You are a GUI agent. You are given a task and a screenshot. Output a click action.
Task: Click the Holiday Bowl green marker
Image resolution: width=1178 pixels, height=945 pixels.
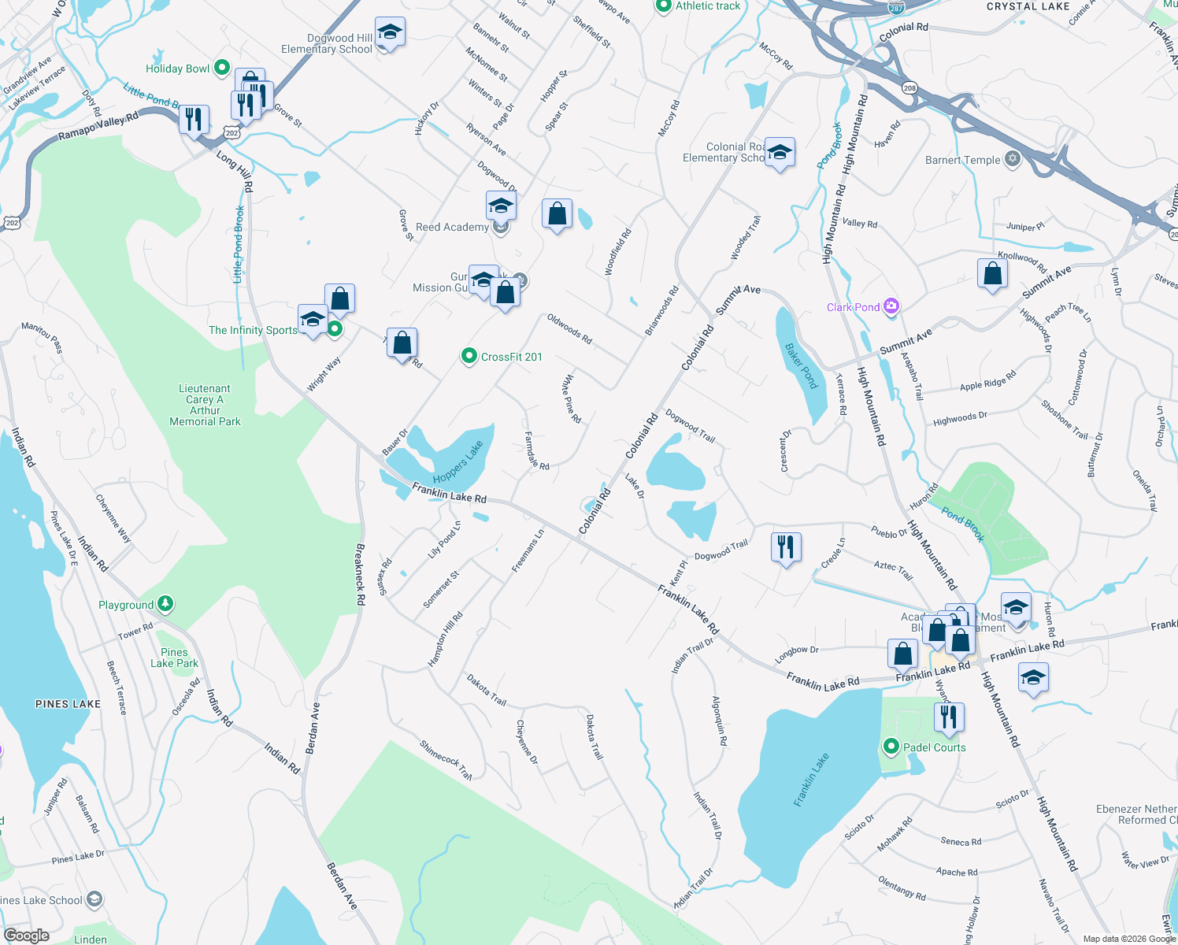221,69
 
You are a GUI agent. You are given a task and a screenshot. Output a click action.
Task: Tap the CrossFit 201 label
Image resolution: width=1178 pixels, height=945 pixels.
511,357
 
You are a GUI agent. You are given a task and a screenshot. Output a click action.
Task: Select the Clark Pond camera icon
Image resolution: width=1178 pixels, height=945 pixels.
891,306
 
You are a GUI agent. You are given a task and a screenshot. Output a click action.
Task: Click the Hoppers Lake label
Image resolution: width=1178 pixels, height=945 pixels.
457,462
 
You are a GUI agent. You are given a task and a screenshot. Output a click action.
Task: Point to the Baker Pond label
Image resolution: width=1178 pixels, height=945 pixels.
802,366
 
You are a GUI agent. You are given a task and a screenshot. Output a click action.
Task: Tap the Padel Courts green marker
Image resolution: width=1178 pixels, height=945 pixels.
891,747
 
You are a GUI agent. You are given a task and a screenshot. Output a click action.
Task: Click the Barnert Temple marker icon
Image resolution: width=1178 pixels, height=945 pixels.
1013,159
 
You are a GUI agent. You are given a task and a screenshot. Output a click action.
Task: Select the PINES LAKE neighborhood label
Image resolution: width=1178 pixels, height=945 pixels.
68,704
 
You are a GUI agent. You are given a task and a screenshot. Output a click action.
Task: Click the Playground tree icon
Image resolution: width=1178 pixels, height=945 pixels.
165,604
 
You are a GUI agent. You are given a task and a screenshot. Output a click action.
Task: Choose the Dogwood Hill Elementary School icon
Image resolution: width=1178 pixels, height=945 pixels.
390,33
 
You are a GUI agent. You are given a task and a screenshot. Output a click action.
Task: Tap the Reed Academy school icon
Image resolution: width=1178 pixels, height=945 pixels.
501,207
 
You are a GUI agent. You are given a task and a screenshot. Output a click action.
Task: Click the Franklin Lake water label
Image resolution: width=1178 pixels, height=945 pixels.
811,779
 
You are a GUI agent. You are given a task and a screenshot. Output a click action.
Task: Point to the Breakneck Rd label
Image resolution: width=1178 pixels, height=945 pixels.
360,574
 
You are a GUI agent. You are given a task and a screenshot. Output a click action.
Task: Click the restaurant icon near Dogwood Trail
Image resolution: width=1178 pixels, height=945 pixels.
786,547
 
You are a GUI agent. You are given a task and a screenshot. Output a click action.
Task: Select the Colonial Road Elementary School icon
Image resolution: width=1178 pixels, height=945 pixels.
780,153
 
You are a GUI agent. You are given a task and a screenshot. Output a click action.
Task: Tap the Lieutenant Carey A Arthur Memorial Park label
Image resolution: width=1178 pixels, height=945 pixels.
205,405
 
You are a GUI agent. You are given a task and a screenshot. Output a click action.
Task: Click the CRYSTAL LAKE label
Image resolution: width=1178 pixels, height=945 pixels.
1028,6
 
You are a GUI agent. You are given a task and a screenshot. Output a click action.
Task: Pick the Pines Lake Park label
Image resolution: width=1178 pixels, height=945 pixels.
174,658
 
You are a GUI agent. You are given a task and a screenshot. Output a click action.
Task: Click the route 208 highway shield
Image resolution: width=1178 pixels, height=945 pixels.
910,88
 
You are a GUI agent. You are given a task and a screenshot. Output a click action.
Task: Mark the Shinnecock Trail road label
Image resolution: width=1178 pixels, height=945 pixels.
446,760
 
